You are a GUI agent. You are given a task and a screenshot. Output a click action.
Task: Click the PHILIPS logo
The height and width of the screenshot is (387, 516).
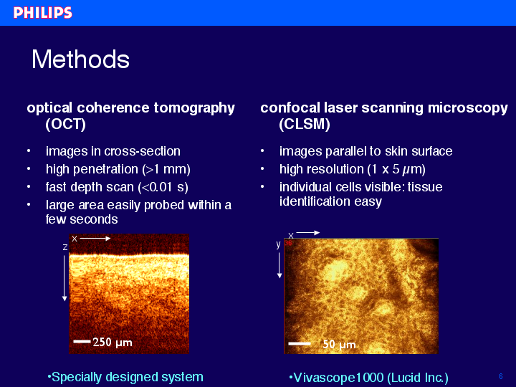43,13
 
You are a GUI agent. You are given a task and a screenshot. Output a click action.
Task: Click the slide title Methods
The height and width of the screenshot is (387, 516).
80,59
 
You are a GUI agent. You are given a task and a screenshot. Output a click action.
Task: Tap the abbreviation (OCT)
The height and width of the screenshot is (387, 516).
65,124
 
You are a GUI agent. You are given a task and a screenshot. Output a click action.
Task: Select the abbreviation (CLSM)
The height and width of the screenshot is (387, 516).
305,124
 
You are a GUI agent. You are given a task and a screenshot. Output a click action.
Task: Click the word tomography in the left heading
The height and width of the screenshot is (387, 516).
194,108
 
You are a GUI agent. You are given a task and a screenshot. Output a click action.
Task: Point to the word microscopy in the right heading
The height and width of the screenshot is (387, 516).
467,108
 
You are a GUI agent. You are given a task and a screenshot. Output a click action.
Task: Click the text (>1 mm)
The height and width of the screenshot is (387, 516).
166,169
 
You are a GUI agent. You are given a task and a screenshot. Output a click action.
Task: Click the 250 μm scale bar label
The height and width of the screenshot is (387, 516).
113,343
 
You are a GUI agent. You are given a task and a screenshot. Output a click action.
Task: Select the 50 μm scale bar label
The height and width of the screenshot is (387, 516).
339,344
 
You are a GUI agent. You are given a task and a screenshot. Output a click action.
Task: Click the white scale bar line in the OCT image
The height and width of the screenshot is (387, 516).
82,341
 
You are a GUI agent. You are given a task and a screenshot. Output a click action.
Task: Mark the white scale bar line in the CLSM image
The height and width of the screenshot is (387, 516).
300,343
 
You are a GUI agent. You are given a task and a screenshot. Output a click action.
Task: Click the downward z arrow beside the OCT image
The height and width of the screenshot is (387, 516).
64,278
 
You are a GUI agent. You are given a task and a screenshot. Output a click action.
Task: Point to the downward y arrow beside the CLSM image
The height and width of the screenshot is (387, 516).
279,265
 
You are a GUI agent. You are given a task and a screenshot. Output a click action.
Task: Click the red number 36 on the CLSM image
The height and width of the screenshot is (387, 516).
288,243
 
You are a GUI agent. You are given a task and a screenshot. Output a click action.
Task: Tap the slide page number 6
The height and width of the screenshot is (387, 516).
501,376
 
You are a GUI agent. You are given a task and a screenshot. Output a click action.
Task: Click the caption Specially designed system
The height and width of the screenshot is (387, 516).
125,377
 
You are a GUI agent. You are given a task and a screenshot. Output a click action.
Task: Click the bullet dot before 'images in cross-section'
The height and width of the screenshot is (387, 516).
29,151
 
